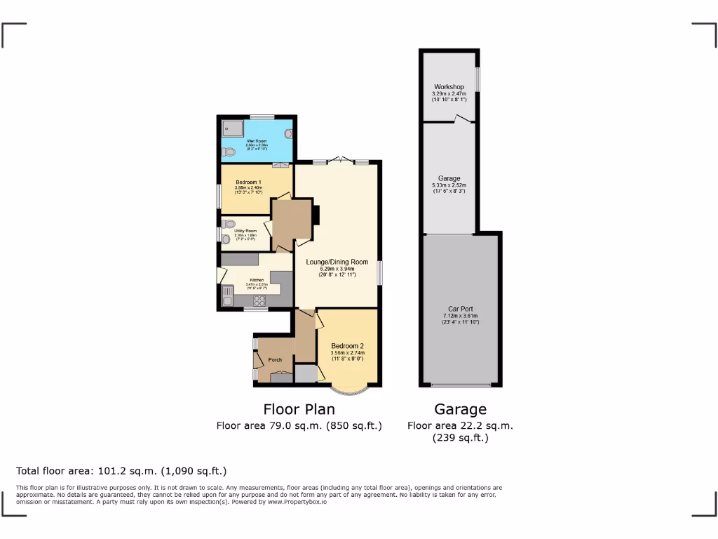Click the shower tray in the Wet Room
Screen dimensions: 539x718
point(232,129)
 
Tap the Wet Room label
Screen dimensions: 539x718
point(256,142)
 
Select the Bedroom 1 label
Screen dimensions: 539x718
point(249,182)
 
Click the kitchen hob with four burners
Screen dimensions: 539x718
point(259,300)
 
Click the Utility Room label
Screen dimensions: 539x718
point(245,231)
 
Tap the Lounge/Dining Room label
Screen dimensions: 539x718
point(337,262)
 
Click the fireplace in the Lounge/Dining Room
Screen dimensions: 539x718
point(316,215)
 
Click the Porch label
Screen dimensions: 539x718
point(275,360)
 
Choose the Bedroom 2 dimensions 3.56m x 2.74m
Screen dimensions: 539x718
point(347,354)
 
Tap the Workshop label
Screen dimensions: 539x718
point(449,87)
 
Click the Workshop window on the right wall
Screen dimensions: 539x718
point(477,79)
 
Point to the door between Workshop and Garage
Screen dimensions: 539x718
point(461,120)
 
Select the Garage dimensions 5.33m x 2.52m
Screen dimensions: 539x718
point(449,186)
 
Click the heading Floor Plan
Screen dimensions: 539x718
point(299,409)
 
